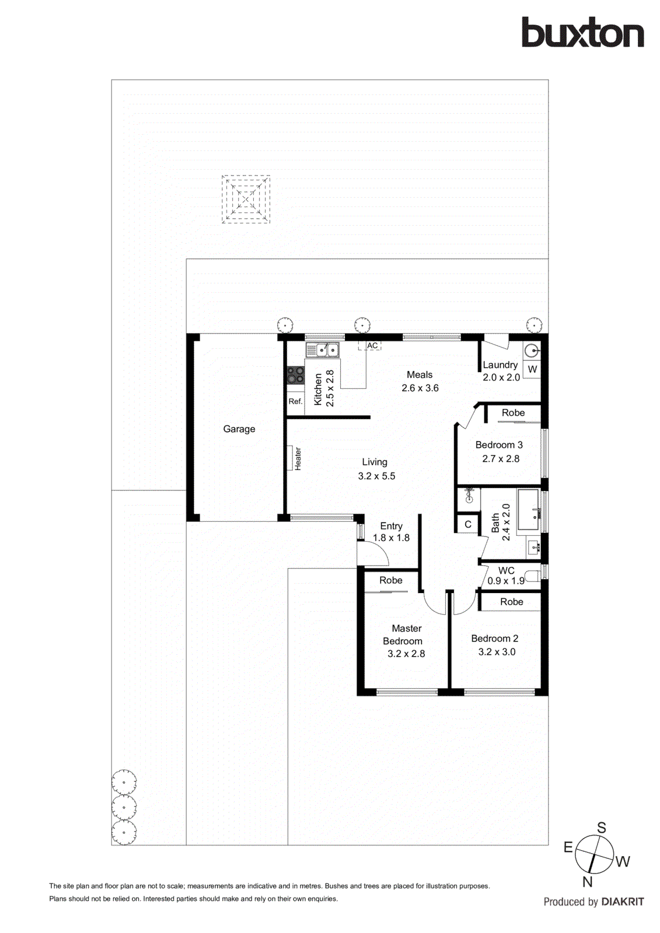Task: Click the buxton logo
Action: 582,33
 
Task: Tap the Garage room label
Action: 239,429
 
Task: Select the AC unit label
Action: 372,346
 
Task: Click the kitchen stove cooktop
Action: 295,375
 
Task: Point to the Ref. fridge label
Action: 295,401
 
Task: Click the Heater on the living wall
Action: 290,458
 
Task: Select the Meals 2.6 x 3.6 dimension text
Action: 420,388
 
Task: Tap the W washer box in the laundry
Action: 532,369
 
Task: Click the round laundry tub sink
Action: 532,350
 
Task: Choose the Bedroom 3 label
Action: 499,445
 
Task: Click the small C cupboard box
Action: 467,524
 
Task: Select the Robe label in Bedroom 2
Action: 512,602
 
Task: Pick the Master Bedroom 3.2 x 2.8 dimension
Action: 406,654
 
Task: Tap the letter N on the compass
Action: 587,882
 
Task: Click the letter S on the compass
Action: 602,827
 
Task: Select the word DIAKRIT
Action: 623,902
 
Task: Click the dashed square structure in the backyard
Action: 246,199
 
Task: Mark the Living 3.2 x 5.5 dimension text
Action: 376,476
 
